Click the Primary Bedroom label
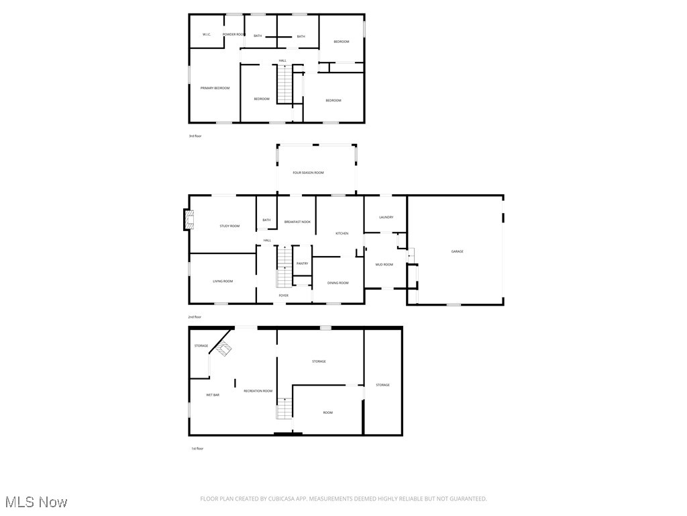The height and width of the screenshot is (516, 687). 215,88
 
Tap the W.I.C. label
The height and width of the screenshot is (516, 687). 207,34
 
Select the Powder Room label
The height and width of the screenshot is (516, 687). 233,34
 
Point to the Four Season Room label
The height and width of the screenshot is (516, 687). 309,173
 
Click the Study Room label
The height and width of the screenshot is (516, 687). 229,226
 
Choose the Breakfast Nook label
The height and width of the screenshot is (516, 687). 297,222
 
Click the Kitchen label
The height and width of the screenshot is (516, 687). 342,233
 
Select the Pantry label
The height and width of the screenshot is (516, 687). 302,263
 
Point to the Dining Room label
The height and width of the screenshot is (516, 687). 338,283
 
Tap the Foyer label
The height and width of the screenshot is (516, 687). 284,295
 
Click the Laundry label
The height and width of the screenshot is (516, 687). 386,217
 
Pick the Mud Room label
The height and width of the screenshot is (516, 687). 384,265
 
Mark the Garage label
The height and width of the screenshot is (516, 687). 457,251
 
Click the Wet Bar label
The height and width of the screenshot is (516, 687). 212,395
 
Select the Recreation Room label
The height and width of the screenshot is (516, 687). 258,391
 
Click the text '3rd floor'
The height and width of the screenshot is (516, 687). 195,136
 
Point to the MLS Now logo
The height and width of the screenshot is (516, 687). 36,502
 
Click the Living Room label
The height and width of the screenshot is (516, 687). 223,281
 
